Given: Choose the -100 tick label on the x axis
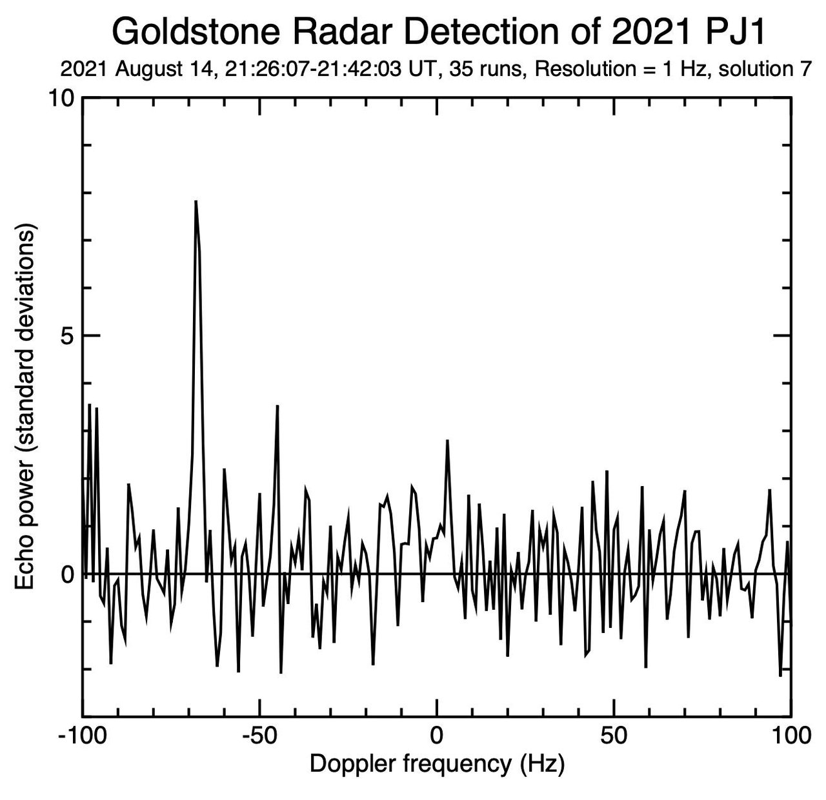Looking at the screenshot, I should click(82, 736).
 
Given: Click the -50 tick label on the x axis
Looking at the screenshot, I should click(259, 736).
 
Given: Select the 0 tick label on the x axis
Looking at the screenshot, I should click(437, 736).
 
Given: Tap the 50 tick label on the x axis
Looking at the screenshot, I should click(614, 736).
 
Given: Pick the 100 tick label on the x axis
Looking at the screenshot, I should click(791, 736).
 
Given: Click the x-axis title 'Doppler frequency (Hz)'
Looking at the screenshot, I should click(437, 764).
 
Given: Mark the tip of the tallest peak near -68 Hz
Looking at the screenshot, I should click(196, 201).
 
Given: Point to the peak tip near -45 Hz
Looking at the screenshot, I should click(277, 405).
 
